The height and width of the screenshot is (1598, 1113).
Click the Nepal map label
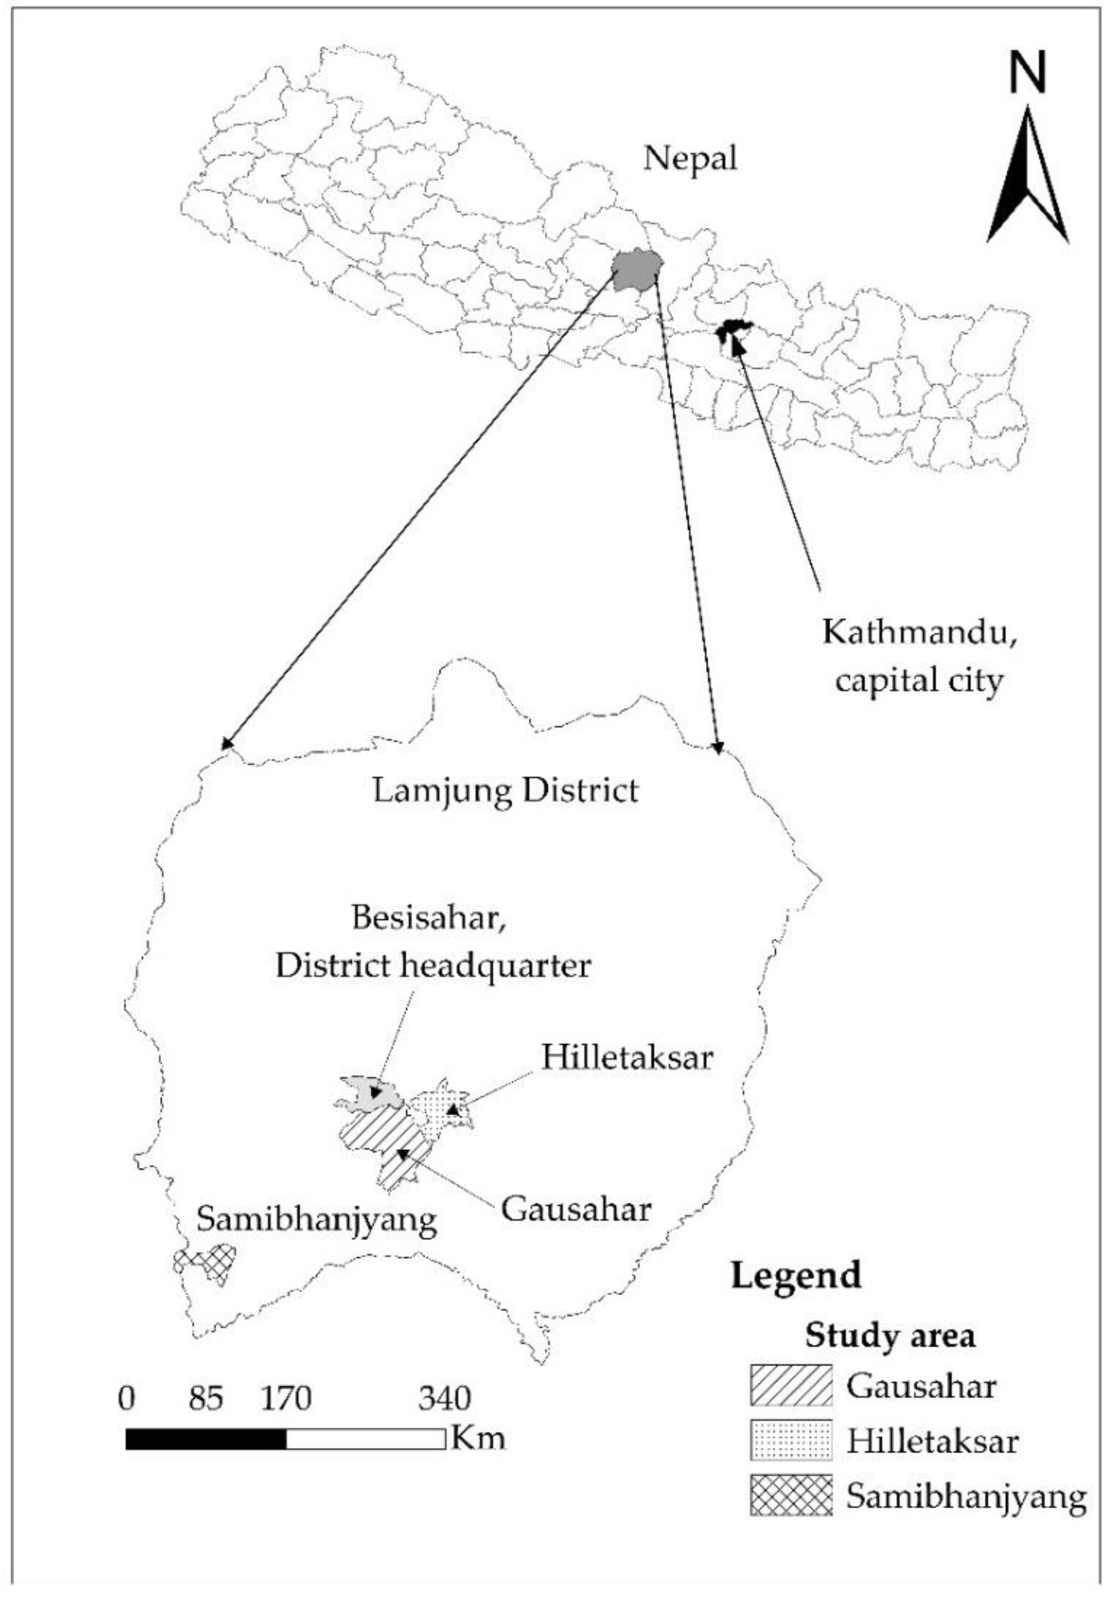click(689, 159)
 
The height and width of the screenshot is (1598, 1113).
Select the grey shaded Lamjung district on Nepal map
click(636, 269)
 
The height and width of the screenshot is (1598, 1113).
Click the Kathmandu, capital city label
click(919, 656)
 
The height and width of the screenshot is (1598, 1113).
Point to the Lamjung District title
click(505, 791)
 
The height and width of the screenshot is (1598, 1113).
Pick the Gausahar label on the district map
click(577, 1209)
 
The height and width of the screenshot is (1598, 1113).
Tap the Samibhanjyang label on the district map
click(317, 1219)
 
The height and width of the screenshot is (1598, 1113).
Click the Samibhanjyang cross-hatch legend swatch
click(791, 1494)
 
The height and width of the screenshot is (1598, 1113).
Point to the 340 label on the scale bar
click(444, 1398)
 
